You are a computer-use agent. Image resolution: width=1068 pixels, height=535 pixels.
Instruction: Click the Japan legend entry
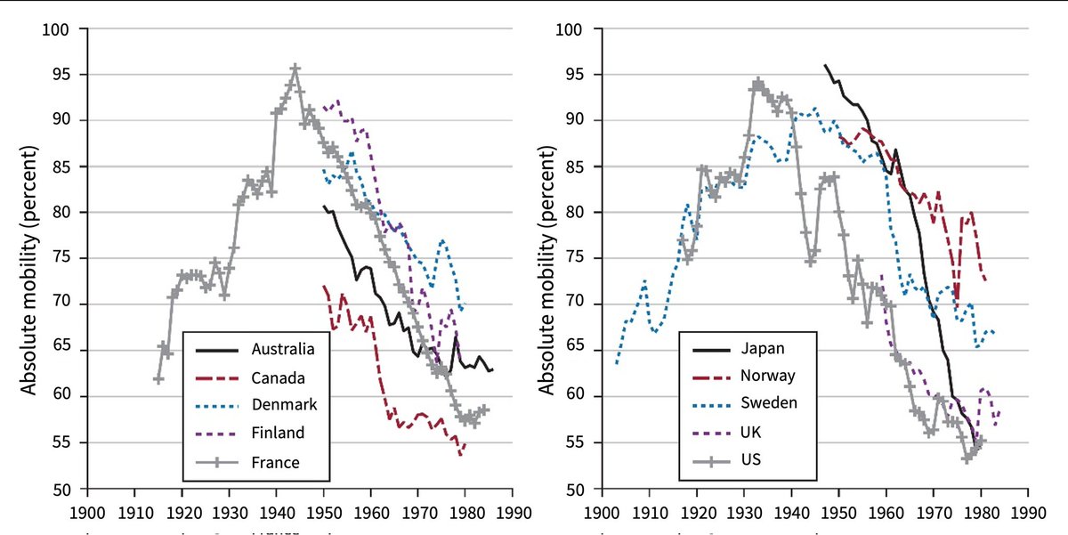coord(762,348)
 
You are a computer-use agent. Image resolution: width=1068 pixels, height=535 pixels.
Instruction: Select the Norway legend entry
coord(767,376)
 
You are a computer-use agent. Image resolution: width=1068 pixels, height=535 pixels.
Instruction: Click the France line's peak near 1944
coord(295,68)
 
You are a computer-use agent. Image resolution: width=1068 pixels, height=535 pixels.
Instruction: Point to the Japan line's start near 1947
coord(825,65)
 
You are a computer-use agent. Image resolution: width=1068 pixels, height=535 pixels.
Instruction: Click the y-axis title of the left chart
coord(29,259)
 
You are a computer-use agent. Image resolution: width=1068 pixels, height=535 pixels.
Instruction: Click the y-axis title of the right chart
coord(545,259)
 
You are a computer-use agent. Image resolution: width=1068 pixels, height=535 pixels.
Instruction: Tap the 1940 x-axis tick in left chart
coord(276,515)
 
